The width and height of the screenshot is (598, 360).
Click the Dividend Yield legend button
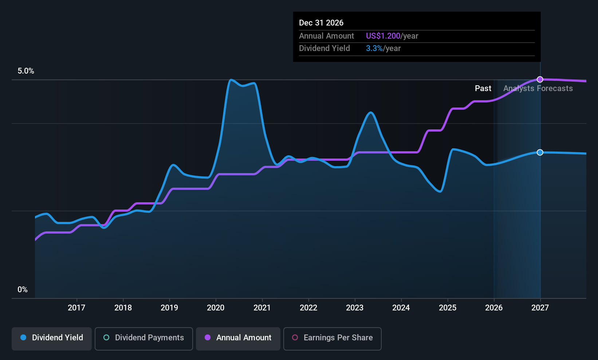coord(52,338)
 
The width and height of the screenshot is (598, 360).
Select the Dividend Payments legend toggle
coord(144,338)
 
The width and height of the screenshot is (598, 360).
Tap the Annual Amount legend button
coord(238,338)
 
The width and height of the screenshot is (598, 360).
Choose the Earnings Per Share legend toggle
coord(332,338)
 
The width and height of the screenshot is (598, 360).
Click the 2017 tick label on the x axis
coord(76,308)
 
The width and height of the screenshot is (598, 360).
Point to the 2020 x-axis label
coord(216,308)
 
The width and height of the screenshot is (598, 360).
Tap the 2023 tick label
coord(355,308)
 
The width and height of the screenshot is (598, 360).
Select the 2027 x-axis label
coord(540,308)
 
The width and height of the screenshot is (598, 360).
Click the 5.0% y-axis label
coord(26,71)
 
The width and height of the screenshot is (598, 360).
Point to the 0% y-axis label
coord(23,290)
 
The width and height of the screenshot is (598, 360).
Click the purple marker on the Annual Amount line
coord(540,79)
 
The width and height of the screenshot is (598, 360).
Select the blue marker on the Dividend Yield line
coord(540,152)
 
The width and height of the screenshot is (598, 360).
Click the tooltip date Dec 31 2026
coord(321,23)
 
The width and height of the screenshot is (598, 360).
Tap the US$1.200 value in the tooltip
coord(383,36)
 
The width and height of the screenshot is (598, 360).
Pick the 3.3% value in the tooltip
coord(374,48)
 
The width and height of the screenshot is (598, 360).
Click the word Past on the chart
coord(483,89)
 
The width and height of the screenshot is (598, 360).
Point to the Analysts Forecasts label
coord(538,89)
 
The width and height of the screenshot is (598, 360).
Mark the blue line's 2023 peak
coord(371,112)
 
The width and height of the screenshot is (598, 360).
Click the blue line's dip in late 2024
coord(440,191)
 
